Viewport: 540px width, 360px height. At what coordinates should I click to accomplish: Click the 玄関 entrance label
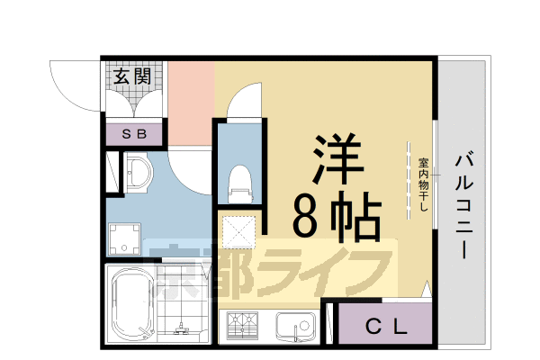[x=131, y=76]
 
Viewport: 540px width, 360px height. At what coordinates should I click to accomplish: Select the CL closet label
[x=386, y=325]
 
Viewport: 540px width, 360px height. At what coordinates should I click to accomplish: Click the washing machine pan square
[x=125, y=238]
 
